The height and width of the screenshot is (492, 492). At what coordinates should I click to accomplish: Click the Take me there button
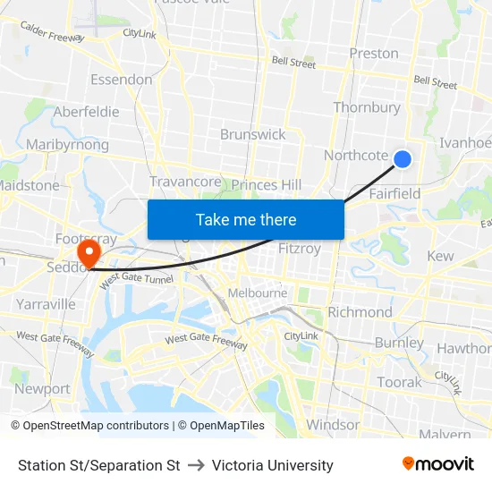(x=246, y=219)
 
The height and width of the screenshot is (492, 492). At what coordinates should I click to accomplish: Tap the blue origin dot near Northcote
(x=403, y=159)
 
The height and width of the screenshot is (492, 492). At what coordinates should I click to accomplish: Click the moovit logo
(x=438, y=463)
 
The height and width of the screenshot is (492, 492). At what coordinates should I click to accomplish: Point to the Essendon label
(x=121, y=80)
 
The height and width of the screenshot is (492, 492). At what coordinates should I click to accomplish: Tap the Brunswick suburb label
(x=253, y=134)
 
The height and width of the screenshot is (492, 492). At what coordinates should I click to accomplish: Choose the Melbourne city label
(x=258, y=293)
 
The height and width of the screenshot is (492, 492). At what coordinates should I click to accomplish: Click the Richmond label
(x=360, y=312)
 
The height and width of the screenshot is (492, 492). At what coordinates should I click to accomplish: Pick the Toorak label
(x=399, y=382)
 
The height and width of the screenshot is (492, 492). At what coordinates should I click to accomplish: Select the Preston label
(x=374, y=53)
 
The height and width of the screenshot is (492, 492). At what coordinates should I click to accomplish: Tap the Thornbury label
(x=367, y=107)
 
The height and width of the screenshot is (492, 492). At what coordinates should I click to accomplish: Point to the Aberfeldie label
(x=87, y=112)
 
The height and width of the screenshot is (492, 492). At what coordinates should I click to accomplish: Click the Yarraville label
(x=46, y=304)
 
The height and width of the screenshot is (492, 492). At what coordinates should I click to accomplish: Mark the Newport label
(x=42, y=389)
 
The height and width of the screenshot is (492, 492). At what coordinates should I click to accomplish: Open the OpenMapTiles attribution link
(x=221, y=426)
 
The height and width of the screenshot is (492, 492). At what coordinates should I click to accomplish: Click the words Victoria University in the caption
(x=273, y=465)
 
